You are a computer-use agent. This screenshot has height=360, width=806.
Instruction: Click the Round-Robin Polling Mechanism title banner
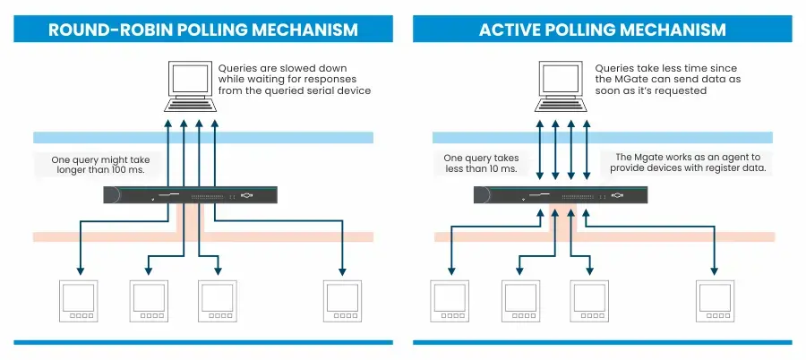(202, 29)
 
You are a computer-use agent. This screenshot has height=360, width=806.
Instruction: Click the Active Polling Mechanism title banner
(602, 29)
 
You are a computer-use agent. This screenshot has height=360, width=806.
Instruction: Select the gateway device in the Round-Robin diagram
(190, 194)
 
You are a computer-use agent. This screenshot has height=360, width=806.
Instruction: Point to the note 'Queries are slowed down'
(282, 67)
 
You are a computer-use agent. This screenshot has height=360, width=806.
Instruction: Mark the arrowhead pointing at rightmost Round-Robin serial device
(342, 271)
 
